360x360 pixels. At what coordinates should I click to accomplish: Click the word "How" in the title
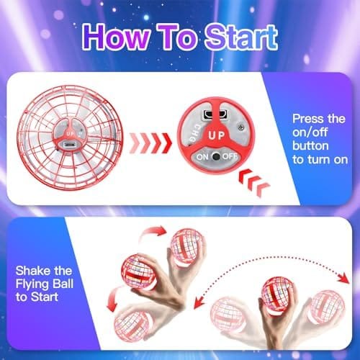click(116, 37)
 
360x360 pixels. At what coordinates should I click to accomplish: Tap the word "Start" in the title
click(241, 37)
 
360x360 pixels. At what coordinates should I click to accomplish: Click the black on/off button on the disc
click(216, 156)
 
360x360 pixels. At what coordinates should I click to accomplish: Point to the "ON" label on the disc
click(202, 157)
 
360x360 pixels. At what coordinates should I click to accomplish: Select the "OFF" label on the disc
click(230, 156)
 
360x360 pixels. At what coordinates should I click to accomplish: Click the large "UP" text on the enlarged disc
click(217, 135)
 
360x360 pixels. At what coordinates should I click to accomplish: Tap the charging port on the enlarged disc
click(215, 114)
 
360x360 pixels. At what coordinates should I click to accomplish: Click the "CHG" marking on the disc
click(194, 132)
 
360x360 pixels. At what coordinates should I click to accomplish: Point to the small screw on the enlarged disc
click(241, 127)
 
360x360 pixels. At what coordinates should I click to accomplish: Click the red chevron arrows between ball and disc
click(150, 143)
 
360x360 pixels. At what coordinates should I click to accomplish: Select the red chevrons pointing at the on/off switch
click(254, 181)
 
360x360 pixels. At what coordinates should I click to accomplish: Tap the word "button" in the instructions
click(310, 145)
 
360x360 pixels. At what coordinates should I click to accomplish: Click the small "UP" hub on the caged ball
click(69, 133)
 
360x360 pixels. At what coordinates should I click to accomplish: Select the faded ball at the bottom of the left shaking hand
click(132, 325)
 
